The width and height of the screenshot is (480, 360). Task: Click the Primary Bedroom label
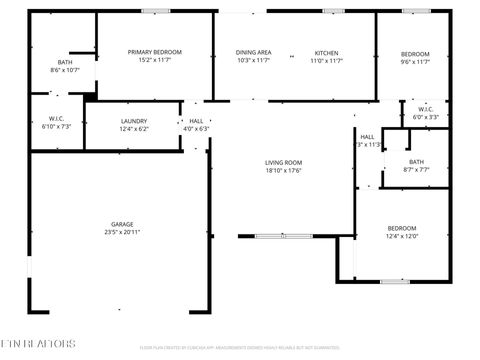pyautogui.click(x=154, y=51)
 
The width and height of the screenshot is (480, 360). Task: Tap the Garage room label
pyautogui.click(x=122, y=224)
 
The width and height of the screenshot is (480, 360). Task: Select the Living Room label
pyautogui.click(x=283, y=162)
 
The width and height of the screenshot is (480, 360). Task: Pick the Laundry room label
pyautogui.click(x=133, y=121)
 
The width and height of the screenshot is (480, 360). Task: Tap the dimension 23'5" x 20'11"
pyautogui.click(x=122, y=232)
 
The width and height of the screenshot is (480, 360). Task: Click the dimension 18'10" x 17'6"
pyautogui.click(x=283, y=170)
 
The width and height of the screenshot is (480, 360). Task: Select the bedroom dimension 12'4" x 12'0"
pyautogui.click(x=402, y=236)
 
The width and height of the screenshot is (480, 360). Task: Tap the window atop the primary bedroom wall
pyautogui.click(x=154, y=11)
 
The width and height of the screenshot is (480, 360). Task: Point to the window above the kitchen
pyautogui.click(x=334, y=11)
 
